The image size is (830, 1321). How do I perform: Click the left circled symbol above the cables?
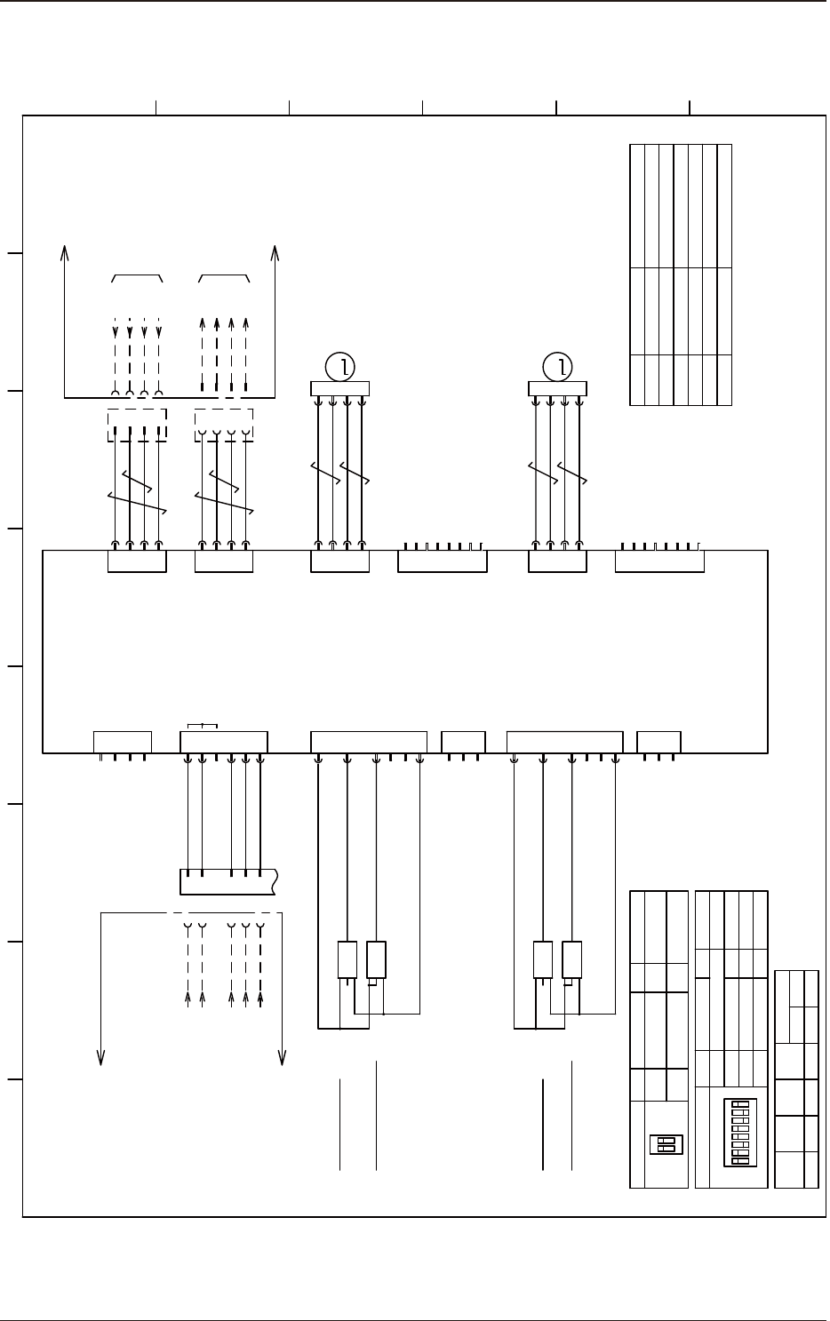tap(339, 365)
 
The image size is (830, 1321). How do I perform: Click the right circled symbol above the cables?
tap(557, 365)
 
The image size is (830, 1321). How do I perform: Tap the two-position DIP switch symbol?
tap(666, 1144)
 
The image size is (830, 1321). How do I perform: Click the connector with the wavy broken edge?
tap(228, 881)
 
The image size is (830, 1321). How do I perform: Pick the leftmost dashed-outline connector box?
tap(136, 424)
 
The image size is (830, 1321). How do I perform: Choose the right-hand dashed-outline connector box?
tap(224, 424)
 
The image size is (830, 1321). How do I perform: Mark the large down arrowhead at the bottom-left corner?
tap(101, 1055)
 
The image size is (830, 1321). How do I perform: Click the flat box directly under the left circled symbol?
tap(339, 387)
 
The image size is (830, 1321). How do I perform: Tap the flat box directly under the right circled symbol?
tap(557, 387)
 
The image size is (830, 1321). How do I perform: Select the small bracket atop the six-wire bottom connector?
tap(203, 728)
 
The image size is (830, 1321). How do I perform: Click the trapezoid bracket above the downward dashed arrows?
tap(137, 278)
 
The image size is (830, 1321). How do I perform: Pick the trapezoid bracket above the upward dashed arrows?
tap(224, 278)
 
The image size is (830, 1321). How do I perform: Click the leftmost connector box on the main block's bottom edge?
tap(122, 742)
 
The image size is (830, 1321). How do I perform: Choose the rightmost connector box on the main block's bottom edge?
tap(658, 742)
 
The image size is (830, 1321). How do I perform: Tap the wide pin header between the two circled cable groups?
tap(442, 561)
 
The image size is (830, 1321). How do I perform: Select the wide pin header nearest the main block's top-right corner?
tap(659, 561)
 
